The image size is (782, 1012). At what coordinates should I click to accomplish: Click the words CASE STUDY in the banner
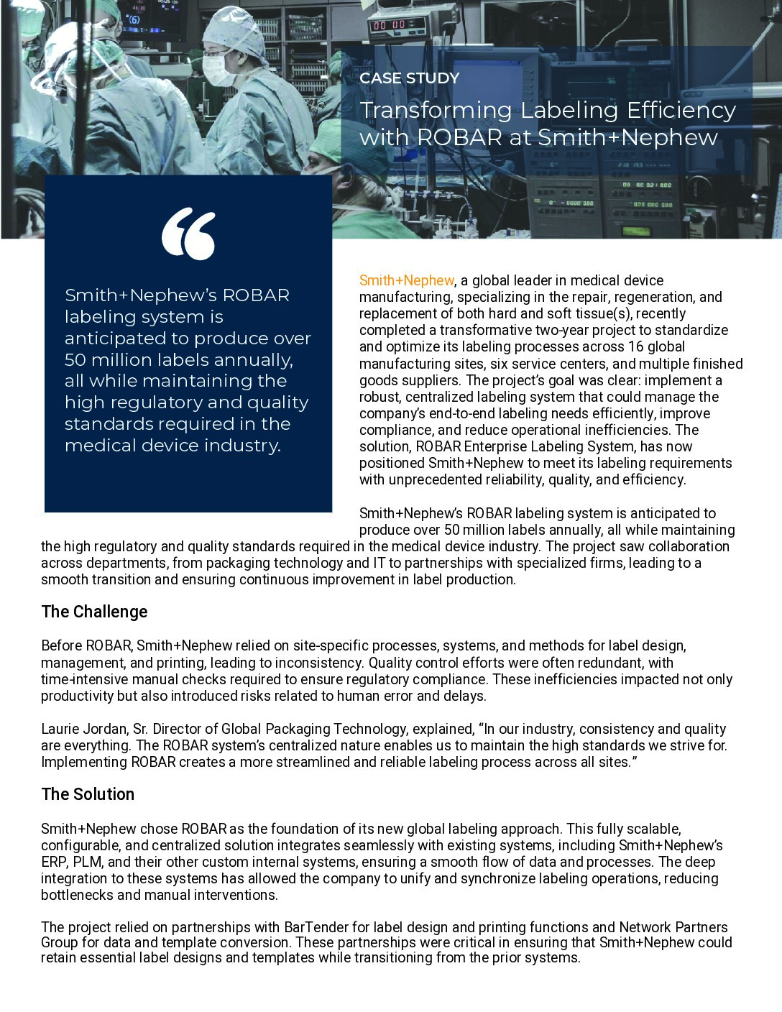click(408, 78)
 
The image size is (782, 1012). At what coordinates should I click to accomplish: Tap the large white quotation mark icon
click(188, 234)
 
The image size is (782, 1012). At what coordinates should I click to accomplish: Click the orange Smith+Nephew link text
click(406, 280)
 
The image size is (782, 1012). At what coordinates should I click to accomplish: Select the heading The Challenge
click(94, 612)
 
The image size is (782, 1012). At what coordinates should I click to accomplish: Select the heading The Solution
click(88, 794)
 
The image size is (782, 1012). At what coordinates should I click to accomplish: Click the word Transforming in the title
click(436, 111)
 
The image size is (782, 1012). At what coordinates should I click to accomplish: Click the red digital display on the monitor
click(389, 25)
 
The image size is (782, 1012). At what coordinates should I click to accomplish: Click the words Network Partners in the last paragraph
click(673, 927)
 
